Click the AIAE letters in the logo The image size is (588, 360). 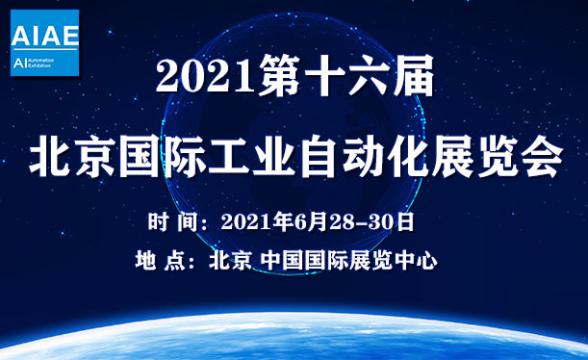pos(44,36)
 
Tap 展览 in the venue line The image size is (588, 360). pos(378,261)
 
